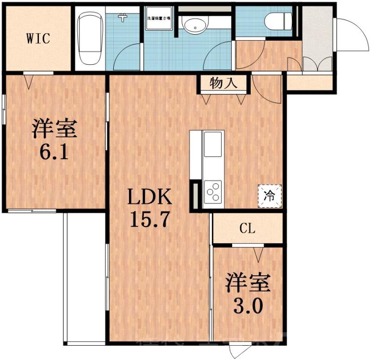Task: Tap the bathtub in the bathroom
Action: click(x=90, y=39)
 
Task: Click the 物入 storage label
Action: click(x=223, y=83)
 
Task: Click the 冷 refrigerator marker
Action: click(x=269, y=195)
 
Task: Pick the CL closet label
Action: click(x=247, y=228)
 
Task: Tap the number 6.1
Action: click(x=54, y=151)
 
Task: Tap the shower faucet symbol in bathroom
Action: click(x=123, y=18)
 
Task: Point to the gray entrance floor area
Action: click(x=317, y=37)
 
